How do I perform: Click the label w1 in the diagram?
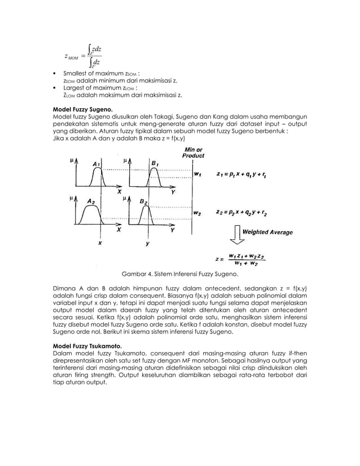tap(197, 174)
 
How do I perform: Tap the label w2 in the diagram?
tap(197, 213)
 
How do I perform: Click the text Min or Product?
tap(194, 152)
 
